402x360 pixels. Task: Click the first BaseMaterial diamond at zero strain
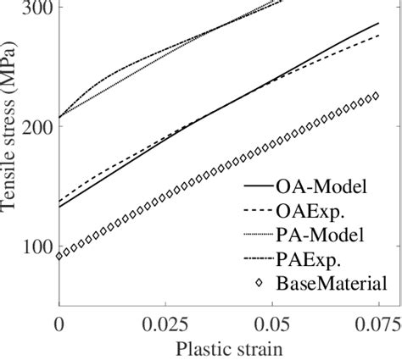[59, 255]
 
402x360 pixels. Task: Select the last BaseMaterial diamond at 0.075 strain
[377, 97]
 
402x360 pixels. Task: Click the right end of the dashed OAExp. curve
[378, 35]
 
